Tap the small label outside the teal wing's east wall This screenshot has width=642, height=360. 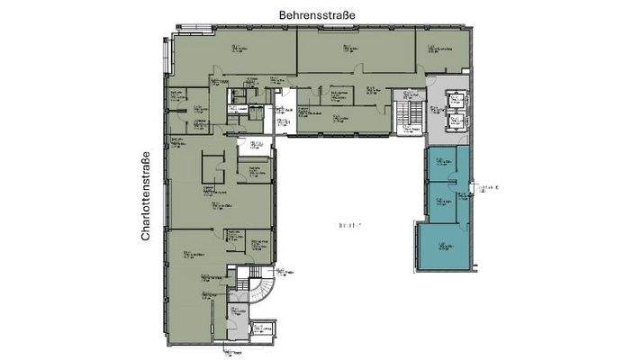490,187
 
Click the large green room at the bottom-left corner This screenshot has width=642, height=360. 194,306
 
